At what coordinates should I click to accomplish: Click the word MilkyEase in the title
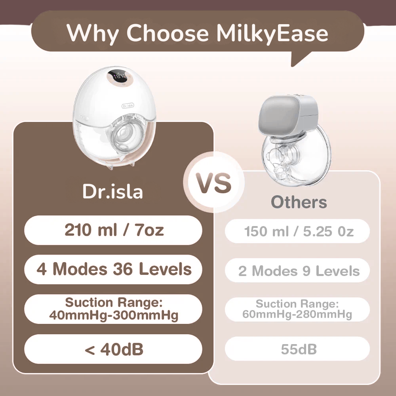pyautogui.click(x=272, y=33)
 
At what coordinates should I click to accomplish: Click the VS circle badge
pyautogui.click(x=214, y=182)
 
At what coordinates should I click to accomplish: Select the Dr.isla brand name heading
pyautogui.click(x=112, y=191)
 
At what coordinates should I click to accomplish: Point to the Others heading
pyautogui.click(x=299, y=202)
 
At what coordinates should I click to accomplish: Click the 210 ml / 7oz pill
pyautogui.click(x=113, y=230)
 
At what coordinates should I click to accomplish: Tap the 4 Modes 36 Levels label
pyautogui.click(x=114, y=269)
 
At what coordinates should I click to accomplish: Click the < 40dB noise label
pyautogui.click(x=114, y=349)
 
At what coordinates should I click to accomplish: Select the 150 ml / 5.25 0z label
pyautogui.click(x=299, y=231)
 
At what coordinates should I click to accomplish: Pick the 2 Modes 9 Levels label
pyautogui.click(x=299, y=271)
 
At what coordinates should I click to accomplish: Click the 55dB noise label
pyautogui.click(x=299, y=349)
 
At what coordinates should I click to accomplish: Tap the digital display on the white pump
pyautogui.click(x=118, y=77)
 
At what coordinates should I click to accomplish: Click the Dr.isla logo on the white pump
pyautogui.click(x=128, y=106)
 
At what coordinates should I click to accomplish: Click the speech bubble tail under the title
pyautogui.click(x=301, y=58)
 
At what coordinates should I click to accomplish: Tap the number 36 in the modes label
pyautogui.click(x=123, y=269)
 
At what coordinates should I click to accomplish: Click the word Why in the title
pyautogui.click(x=92, y=34)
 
